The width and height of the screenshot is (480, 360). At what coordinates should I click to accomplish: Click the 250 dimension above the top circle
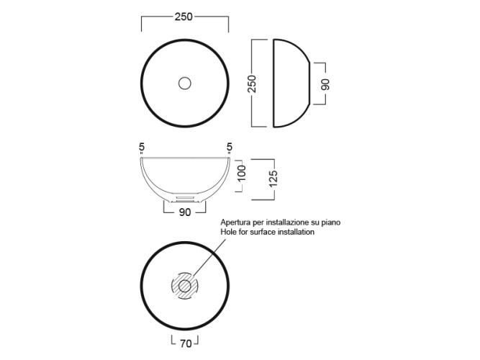point(184,17)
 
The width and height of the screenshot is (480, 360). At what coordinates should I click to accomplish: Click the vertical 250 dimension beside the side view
point(252,84)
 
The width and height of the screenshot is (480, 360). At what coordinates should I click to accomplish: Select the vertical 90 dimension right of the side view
point(326,84)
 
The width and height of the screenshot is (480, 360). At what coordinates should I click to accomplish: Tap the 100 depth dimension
point(242,173)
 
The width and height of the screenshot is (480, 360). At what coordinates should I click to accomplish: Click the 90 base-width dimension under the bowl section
point(185,212)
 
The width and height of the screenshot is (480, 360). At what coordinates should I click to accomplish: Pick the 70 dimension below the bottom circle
point(186,343)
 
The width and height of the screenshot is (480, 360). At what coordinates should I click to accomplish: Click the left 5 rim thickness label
point(142,148)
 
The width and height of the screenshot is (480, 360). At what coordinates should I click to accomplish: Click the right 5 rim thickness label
point(230,148)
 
